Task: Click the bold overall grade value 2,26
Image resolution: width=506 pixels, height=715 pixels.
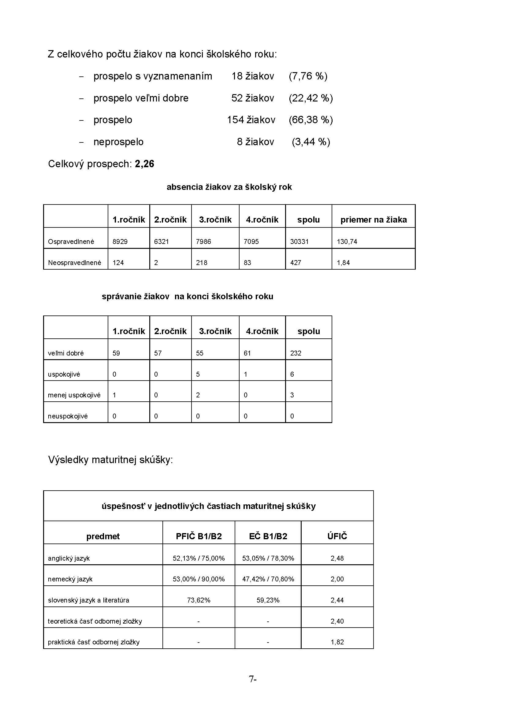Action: pyautogui.click(x=145, y=164)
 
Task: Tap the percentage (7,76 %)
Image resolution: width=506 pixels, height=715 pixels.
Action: pyautogui.click(x=308, y=76)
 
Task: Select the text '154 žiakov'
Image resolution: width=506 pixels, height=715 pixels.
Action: pyautogui.click(x=251, y=120)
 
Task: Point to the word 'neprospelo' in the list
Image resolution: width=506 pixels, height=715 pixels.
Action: pyautogui.click(x=118, y=142)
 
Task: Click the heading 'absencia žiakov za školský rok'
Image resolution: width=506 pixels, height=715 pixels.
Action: pyautogui.click(x=229, y=187)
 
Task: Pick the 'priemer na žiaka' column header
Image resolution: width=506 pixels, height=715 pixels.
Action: pyautogui.click(x=374, y=220)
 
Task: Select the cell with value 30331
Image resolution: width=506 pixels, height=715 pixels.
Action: pyautogui.click(x=300, y=242)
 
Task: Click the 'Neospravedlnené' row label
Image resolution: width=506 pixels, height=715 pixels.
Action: pyautogui.click(x=74, y=263)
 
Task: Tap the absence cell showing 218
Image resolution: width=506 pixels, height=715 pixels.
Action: pyautogui.click(x=202, y=263)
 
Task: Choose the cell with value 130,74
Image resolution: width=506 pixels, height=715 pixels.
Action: pyautogui.click(x=347, y=242)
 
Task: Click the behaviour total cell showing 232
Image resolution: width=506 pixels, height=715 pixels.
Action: pyautogui.click(x=296, y=353)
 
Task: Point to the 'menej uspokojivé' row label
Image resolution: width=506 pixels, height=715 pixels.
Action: pyautogui.click(x=74, y=395)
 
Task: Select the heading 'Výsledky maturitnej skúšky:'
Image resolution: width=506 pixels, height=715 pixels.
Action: pyautogui.click(x=110, y=460)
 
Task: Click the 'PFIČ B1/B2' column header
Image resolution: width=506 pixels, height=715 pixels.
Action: pyautogui.click(x=199, y=536)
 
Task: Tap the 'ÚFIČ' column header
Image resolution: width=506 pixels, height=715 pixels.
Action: pyautogui.click(x=337, y=536)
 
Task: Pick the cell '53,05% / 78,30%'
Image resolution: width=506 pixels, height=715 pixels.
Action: pyautogui.click(x=268, y=558)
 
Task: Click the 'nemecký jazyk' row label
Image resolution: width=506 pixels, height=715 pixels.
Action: pyautogui.click(x=70, y=579)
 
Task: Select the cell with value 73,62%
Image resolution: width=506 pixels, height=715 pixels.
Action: pyautogui.click(x=199, y=600)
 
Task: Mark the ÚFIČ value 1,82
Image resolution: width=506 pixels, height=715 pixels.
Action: pyautogui.click(x=337, y=642)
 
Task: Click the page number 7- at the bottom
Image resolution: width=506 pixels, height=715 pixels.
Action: pyautogui.click(x=253, y=679)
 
